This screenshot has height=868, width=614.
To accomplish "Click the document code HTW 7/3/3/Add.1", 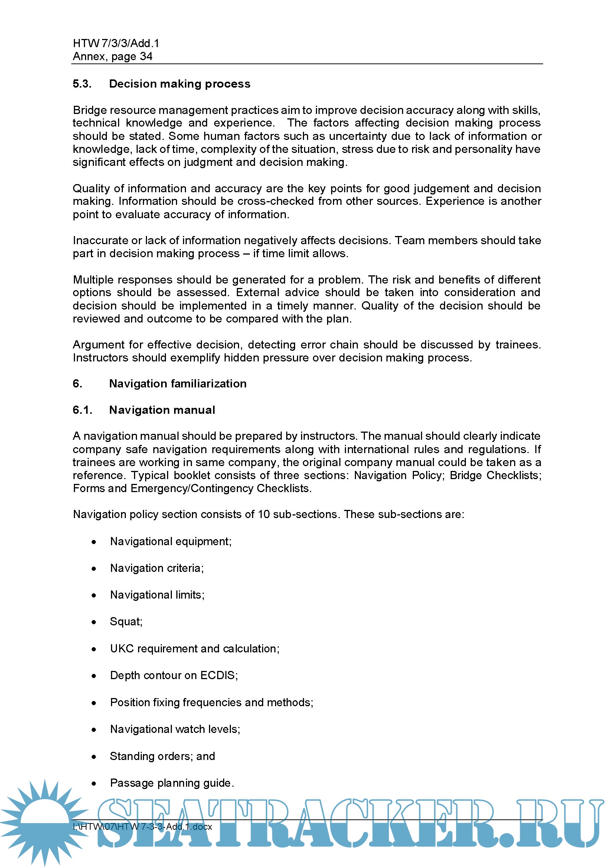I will point(116,43).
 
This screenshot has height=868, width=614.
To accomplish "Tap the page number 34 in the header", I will point(146,57).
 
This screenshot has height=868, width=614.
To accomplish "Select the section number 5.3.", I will point(82,84).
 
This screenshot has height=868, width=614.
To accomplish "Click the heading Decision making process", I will point(180,84).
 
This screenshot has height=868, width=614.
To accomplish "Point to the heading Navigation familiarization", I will point(178,384).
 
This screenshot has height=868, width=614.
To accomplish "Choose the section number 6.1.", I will point(82,410).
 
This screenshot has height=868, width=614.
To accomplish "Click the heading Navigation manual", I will point(162,410).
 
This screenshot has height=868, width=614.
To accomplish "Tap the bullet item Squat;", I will point(126,622).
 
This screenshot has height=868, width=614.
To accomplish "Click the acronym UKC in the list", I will point(122,648).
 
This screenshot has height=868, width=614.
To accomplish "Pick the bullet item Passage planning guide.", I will point(172,783).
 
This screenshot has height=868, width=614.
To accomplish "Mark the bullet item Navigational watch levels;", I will point(175,729).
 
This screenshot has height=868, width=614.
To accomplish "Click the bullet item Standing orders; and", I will point(162,756).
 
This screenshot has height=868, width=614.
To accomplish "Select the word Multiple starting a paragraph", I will point(93,280).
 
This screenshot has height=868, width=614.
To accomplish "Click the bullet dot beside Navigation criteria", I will point(94,569).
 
